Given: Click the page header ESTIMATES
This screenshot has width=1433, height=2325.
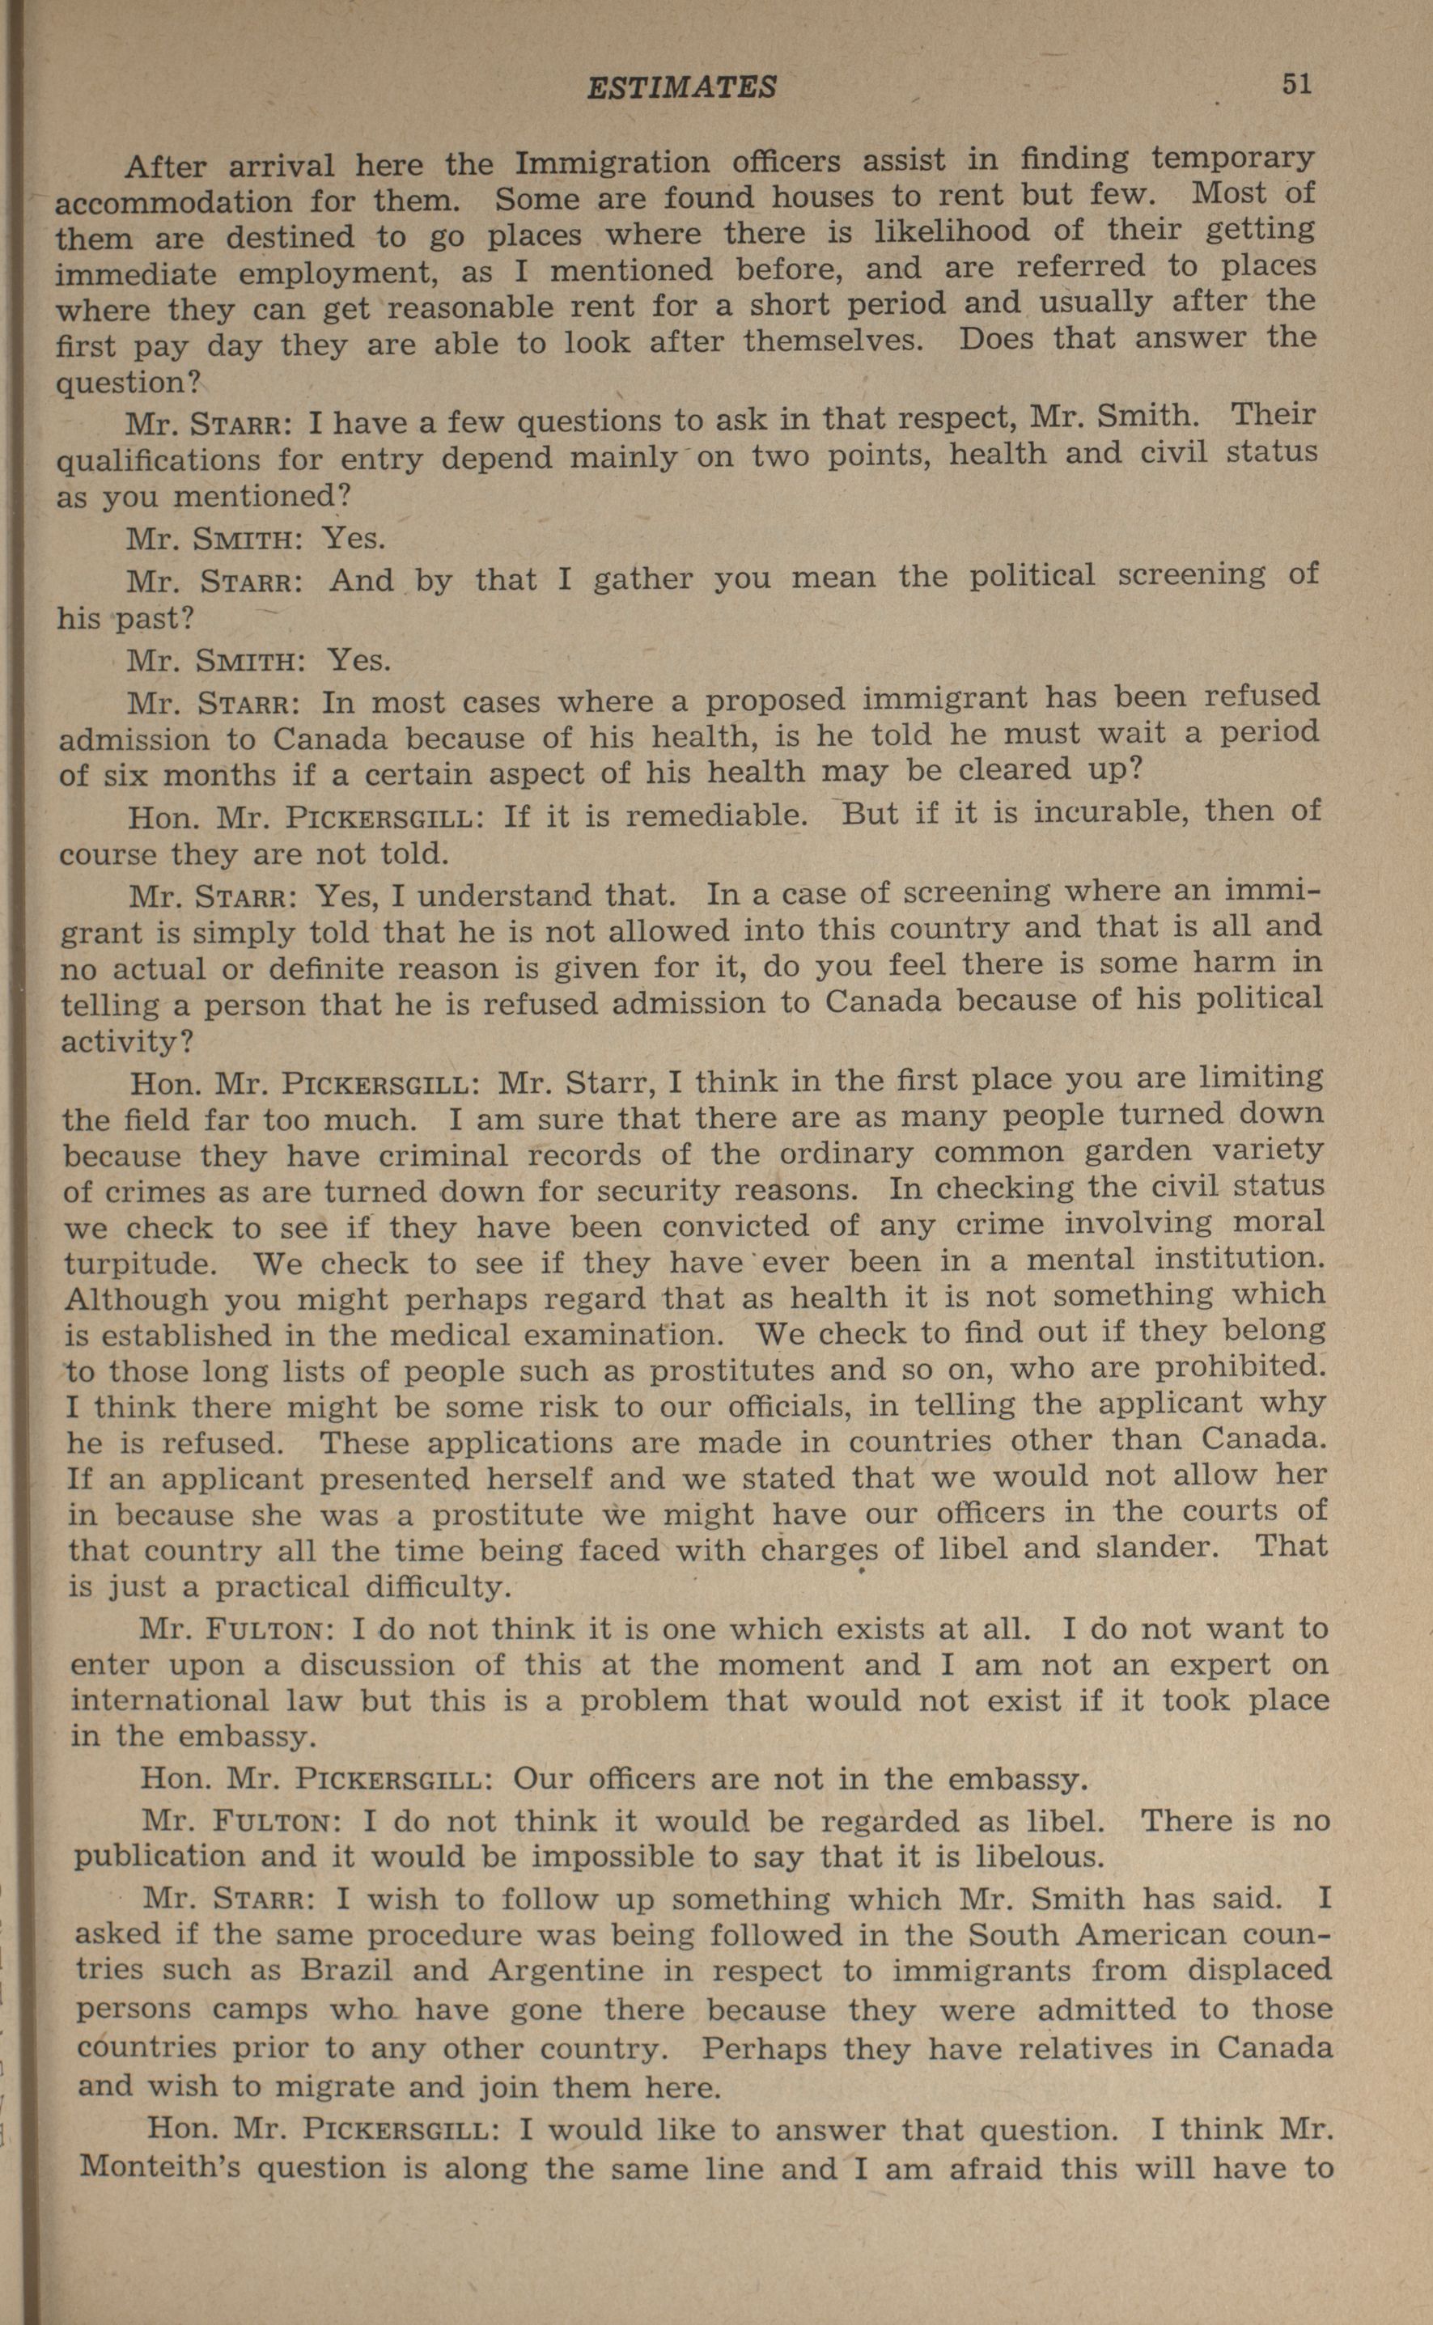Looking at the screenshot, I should pyautogui.click(x=681, y=88).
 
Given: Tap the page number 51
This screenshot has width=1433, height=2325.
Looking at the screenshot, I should pyautogui.click(x=1296, y=84).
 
